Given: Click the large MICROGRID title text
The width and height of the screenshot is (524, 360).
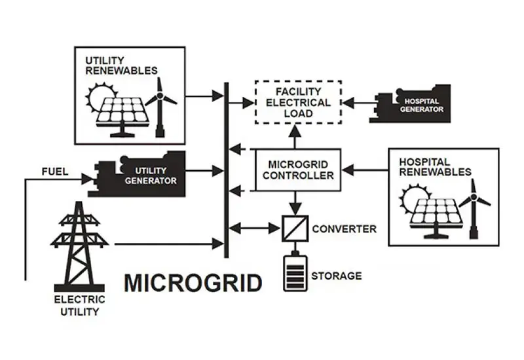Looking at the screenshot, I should (193, 283).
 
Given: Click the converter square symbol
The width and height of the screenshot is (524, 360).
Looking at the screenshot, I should (294, 229).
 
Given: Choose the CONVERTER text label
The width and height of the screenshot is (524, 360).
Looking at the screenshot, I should (345, 229).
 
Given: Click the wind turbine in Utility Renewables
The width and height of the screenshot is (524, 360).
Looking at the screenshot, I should (161, 105).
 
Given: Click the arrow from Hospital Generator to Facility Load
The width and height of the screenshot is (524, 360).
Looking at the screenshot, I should (358, 103).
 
